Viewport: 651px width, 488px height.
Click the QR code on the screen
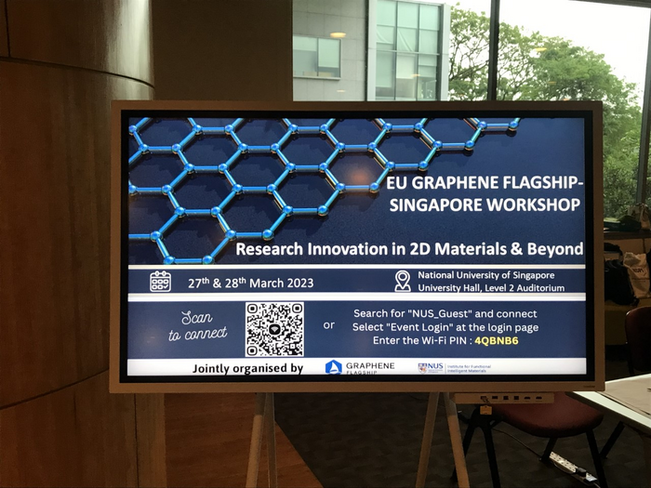pos(274,329)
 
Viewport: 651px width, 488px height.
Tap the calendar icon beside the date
pos(160,282)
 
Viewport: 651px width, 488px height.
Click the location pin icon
pos(403,281)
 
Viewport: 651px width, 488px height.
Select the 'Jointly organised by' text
pos(247,368)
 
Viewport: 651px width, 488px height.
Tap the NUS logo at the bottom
pos(456,368)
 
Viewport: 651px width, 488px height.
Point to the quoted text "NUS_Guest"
pos(435,313)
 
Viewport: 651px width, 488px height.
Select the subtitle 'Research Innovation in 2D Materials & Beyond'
pos(409,249)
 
